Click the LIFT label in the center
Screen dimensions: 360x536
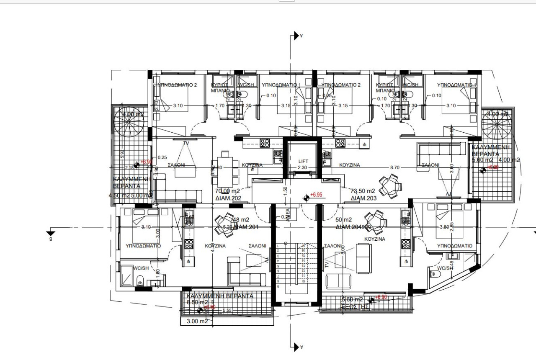pyautogui.click(x=303, y=161)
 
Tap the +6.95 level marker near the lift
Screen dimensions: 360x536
pyautogui.click(x=317, y=195)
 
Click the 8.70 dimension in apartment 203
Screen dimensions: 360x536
pyautogui.click(x=394, y=167)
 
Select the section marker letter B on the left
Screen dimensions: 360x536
pyautogui.click(x=50, y=239)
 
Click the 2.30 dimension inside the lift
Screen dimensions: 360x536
pyautogui.click(x=303, y=167)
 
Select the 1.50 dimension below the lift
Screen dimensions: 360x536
pyautogui.click(x=285, y=189)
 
